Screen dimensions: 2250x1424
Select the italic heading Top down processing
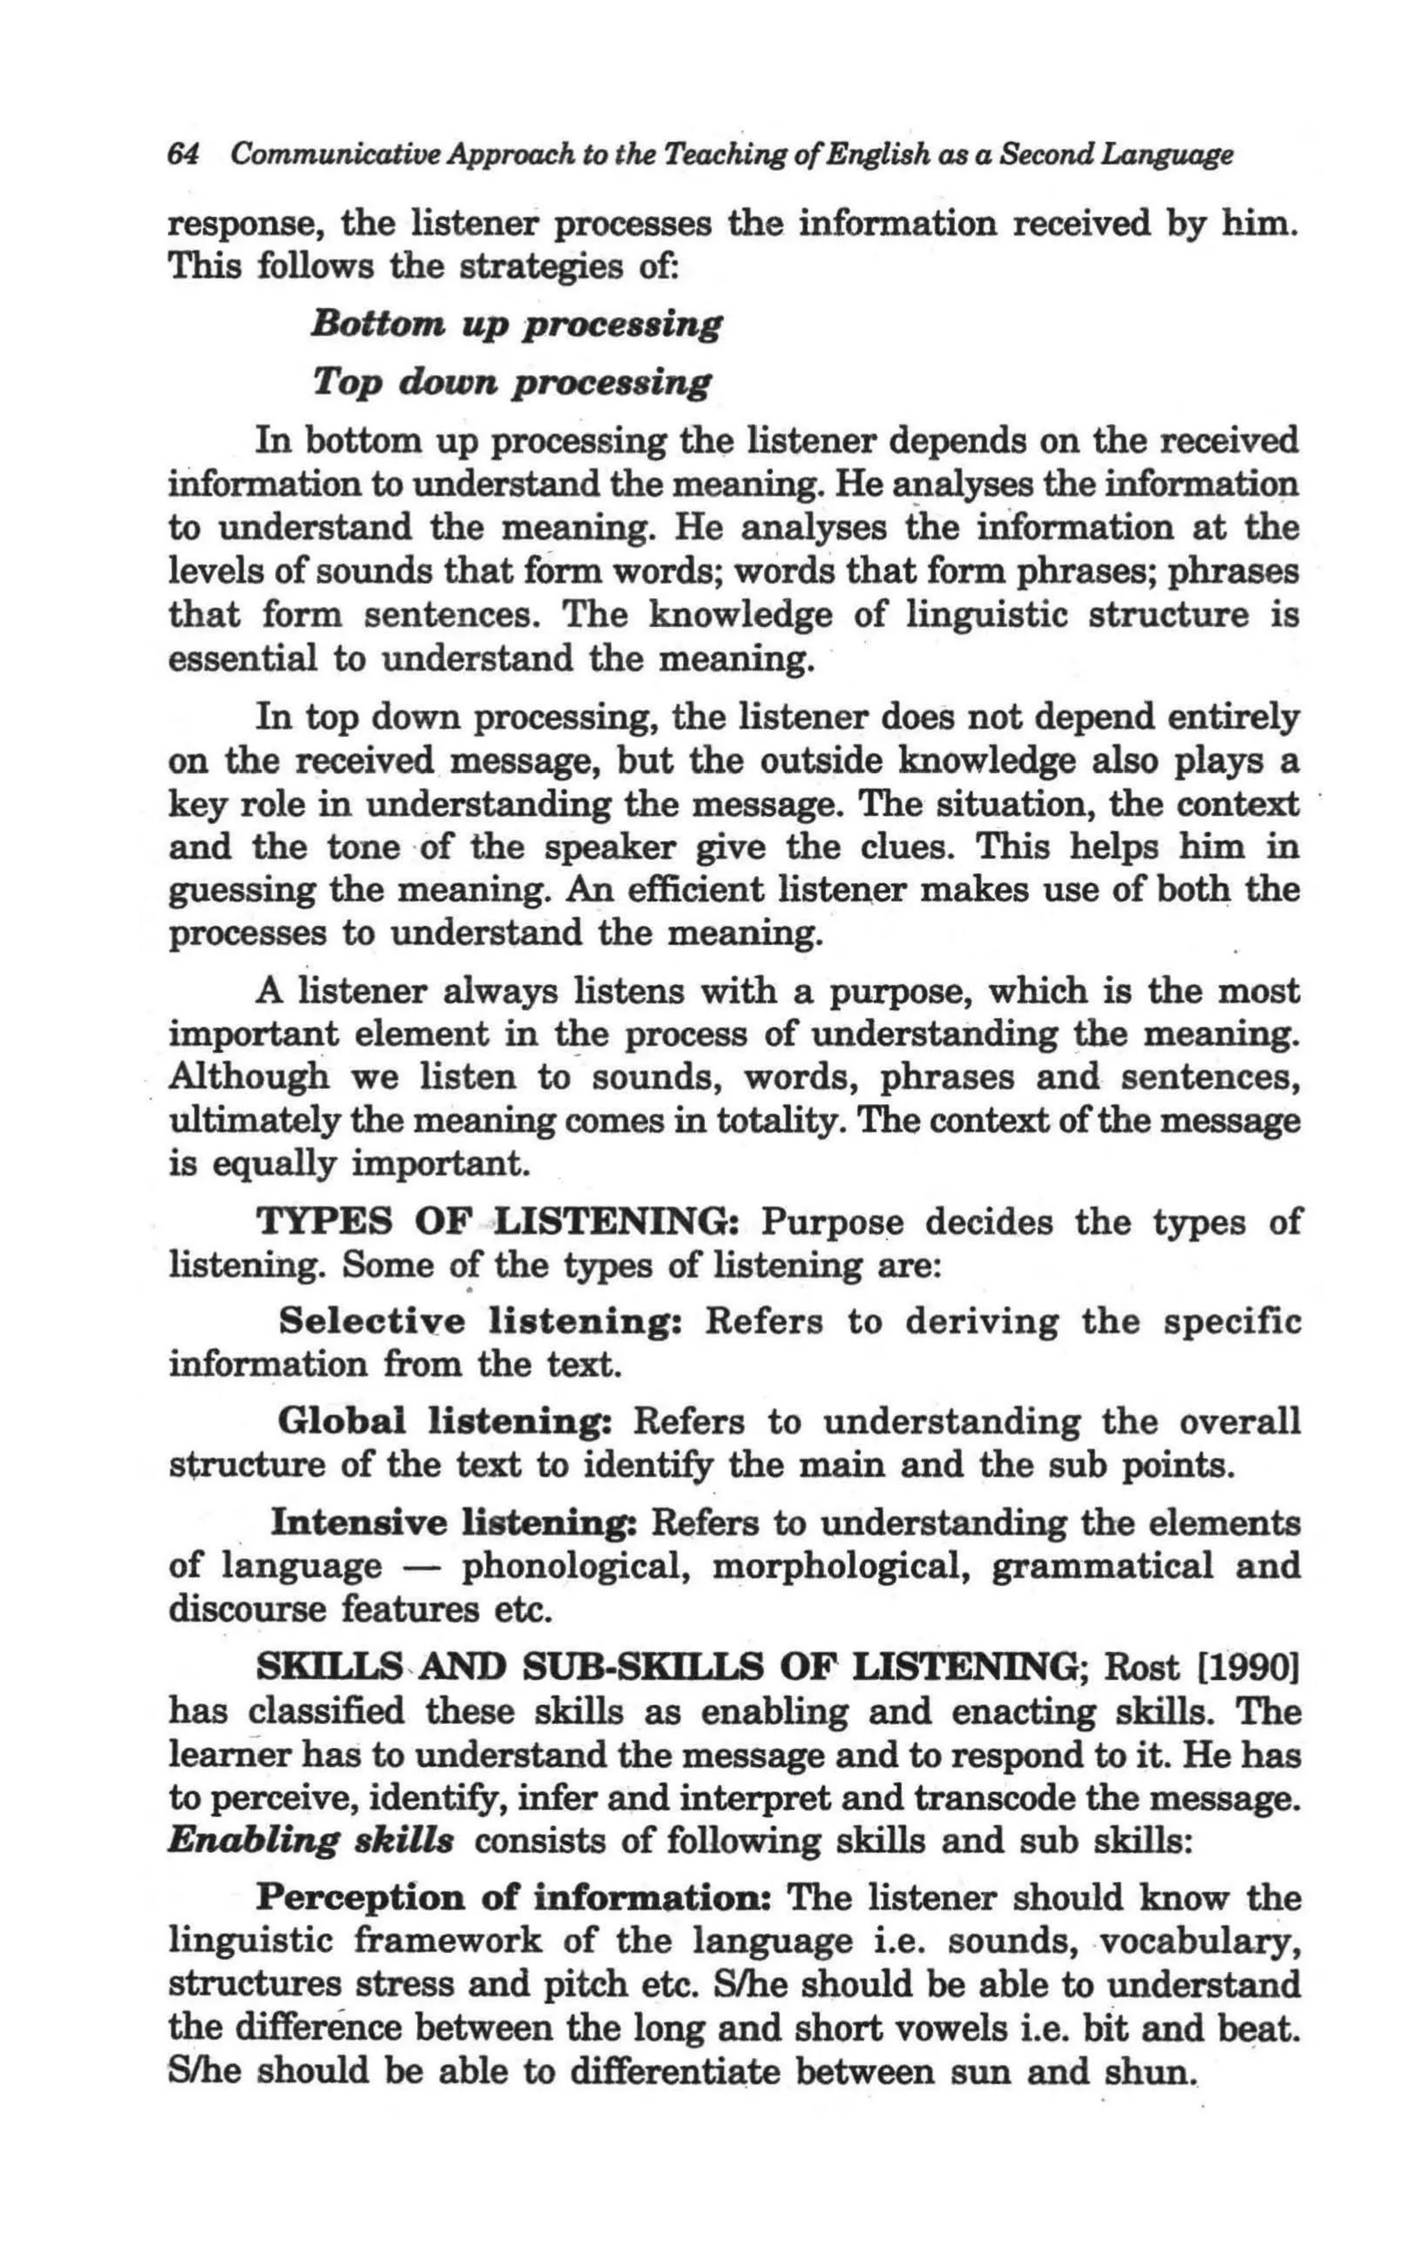511,382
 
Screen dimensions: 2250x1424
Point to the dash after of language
422,1569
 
